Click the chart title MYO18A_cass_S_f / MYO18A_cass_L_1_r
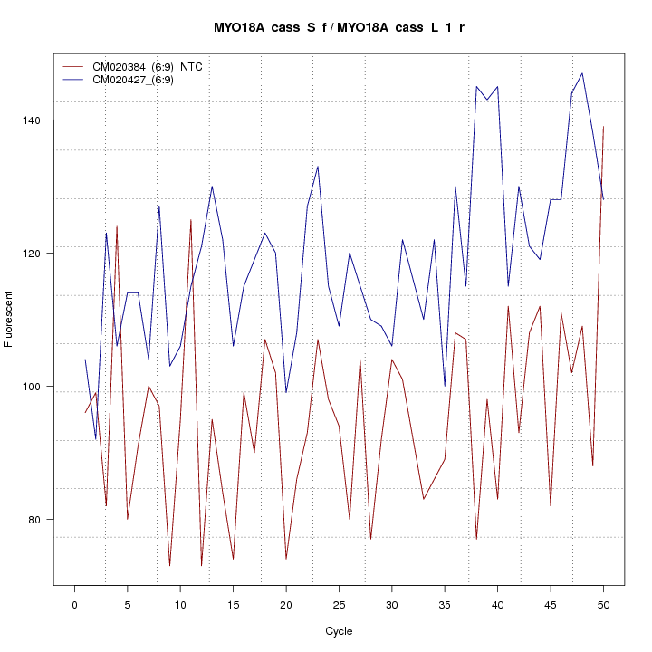tap(339, 28)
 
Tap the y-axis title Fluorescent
tap(9, 319)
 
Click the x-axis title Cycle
tap(339, 631)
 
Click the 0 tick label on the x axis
tap(75, 605)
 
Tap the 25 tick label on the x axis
tap(339, 605)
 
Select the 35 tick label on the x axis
tap(445, 605)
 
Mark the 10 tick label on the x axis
tap(180, 605)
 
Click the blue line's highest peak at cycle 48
tap(582, 73)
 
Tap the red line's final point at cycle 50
tap(603, 127)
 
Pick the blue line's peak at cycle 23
tap(318, 167)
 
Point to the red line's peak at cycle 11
tap(191, 219)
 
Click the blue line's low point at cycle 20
tap(286, 392)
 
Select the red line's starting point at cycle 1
tap(85, 413)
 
